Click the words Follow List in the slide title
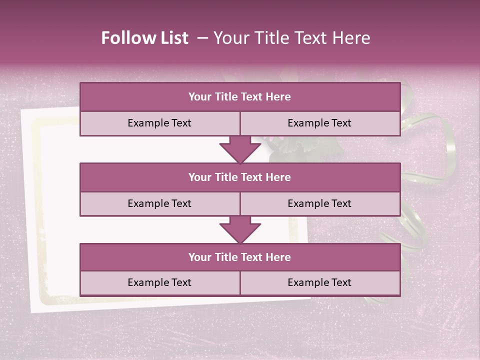(x=144, y=38)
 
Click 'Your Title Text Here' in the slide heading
(x=291, y=38)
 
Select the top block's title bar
(x=240, y=97)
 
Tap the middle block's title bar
(x=240, y=177)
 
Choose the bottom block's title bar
(x=240, y=257)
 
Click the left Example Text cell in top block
(x=159, y=123)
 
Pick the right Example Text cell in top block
(x=320, y=123)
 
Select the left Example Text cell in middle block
(x=159, y=204)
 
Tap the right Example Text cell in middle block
(x=320, y=204)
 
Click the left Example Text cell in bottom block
(x=159, y=283)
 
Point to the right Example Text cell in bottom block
(x=320, y=283)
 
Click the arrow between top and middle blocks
(x=240, y=149)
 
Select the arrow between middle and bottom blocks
(x=240, y=229)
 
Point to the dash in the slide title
(x=202, y=38)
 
